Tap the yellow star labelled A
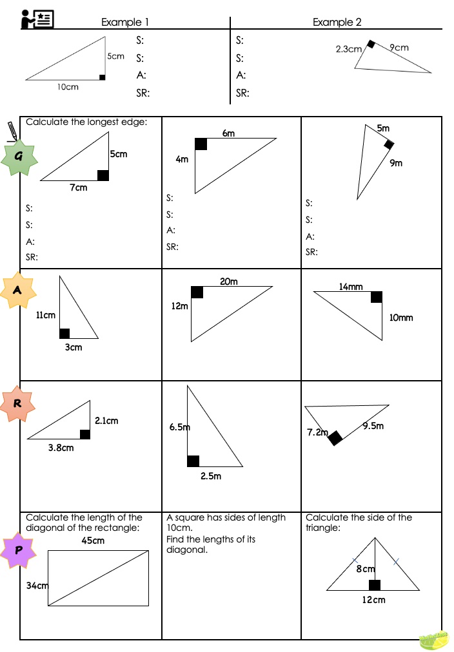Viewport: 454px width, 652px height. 17,291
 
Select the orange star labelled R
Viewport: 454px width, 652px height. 18,404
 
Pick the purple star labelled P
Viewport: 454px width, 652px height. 18,550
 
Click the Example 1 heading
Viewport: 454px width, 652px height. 125,22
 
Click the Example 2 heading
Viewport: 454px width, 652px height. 337,22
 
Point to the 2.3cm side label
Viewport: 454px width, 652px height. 348,49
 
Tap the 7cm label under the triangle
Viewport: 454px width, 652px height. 79,187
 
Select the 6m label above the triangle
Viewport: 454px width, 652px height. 228,133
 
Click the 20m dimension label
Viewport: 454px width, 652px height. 229,282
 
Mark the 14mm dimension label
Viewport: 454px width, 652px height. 351,286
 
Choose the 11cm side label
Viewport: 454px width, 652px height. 45,315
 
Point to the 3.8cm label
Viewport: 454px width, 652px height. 61,447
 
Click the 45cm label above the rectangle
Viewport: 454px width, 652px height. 93,541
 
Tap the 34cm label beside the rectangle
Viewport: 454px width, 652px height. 37,586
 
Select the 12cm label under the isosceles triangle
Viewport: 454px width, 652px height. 373,600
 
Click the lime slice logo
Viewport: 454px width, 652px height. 433,639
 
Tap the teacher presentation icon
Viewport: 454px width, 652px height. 36,19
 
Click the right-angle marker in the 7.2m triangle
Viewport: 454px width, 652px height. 335,438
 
